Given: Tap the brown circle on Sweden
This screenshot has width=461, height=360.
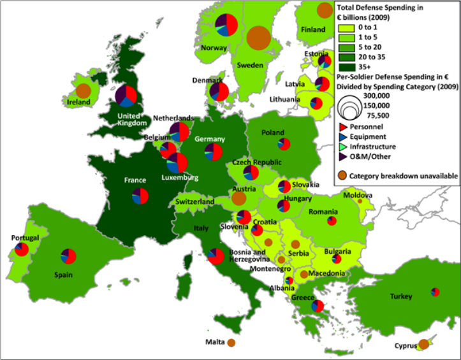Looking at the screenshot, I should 258,38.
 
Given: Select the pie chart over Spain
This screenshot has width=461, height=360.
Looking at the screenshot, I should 69,256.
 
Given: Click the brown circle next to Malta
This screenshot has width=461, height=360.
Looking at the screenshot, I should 231,343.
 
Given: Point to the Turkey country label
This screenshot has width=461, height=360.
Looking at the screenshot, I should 402,296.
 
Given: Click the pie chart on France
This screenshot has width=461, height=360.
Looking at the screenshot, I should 141,196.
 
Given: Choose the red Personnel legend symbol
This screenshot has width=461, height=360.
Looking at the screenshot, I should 344,127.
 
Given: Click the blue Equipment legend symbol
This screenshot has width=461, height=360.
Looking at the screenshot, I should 344,136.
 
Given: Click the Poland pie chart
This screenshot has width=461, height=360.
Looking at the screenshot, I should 285,145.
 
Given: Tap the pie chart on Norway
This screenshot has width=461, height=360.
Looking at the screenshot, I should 227,25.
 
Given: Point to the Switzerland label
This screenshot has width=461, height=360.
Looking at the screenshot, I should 194,202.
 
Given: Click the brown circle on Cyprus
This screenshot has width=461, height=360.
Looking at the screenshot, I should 423,345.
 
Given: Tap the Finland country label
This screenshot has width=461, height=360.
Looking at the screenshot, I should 313,29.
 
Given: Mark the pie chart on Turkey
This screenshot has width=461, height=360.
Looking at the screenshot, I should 435,292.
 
